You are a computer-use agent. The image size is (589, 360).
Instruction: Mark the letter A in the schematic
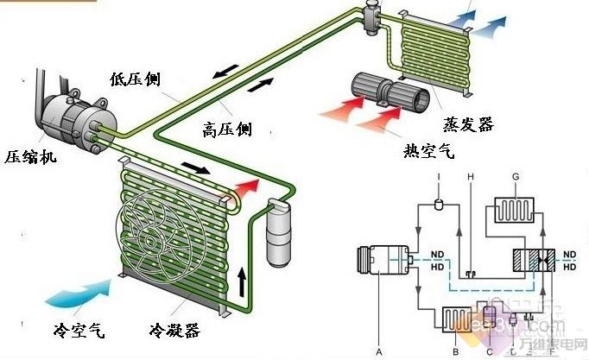(377, 351)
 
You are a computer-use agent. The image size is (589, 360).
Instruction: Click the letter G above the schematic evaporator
(516, 176)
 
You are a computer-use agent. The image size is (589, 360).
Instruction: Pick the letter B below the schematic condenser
(455, 351)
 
